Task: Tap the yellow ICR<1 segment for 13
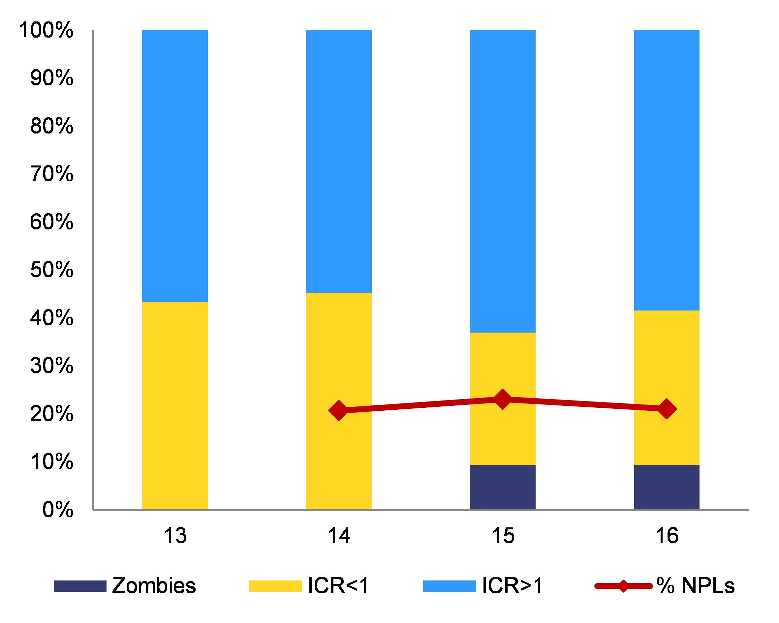coord(175,405)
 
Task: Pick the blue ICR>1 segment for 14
coord(339,162)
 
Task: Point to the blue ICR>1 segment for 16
coord(667,170)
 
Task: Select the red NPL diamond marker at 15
coord(502,400)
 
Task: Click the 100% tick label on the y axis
coord(46,30)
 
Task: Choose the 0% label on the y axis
coord(58,510)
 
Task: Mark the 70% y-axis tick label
coord(52,174)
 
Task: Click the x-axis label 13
coord(175,536)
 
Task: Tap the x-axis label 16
coord(667,536)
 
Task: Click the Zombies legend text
coord(154,585)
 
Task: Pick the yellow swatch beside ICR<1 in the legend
coord(275,586)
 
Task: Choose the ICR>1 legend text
coord(512,585)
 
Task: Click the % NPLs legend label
coord(695,585)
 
